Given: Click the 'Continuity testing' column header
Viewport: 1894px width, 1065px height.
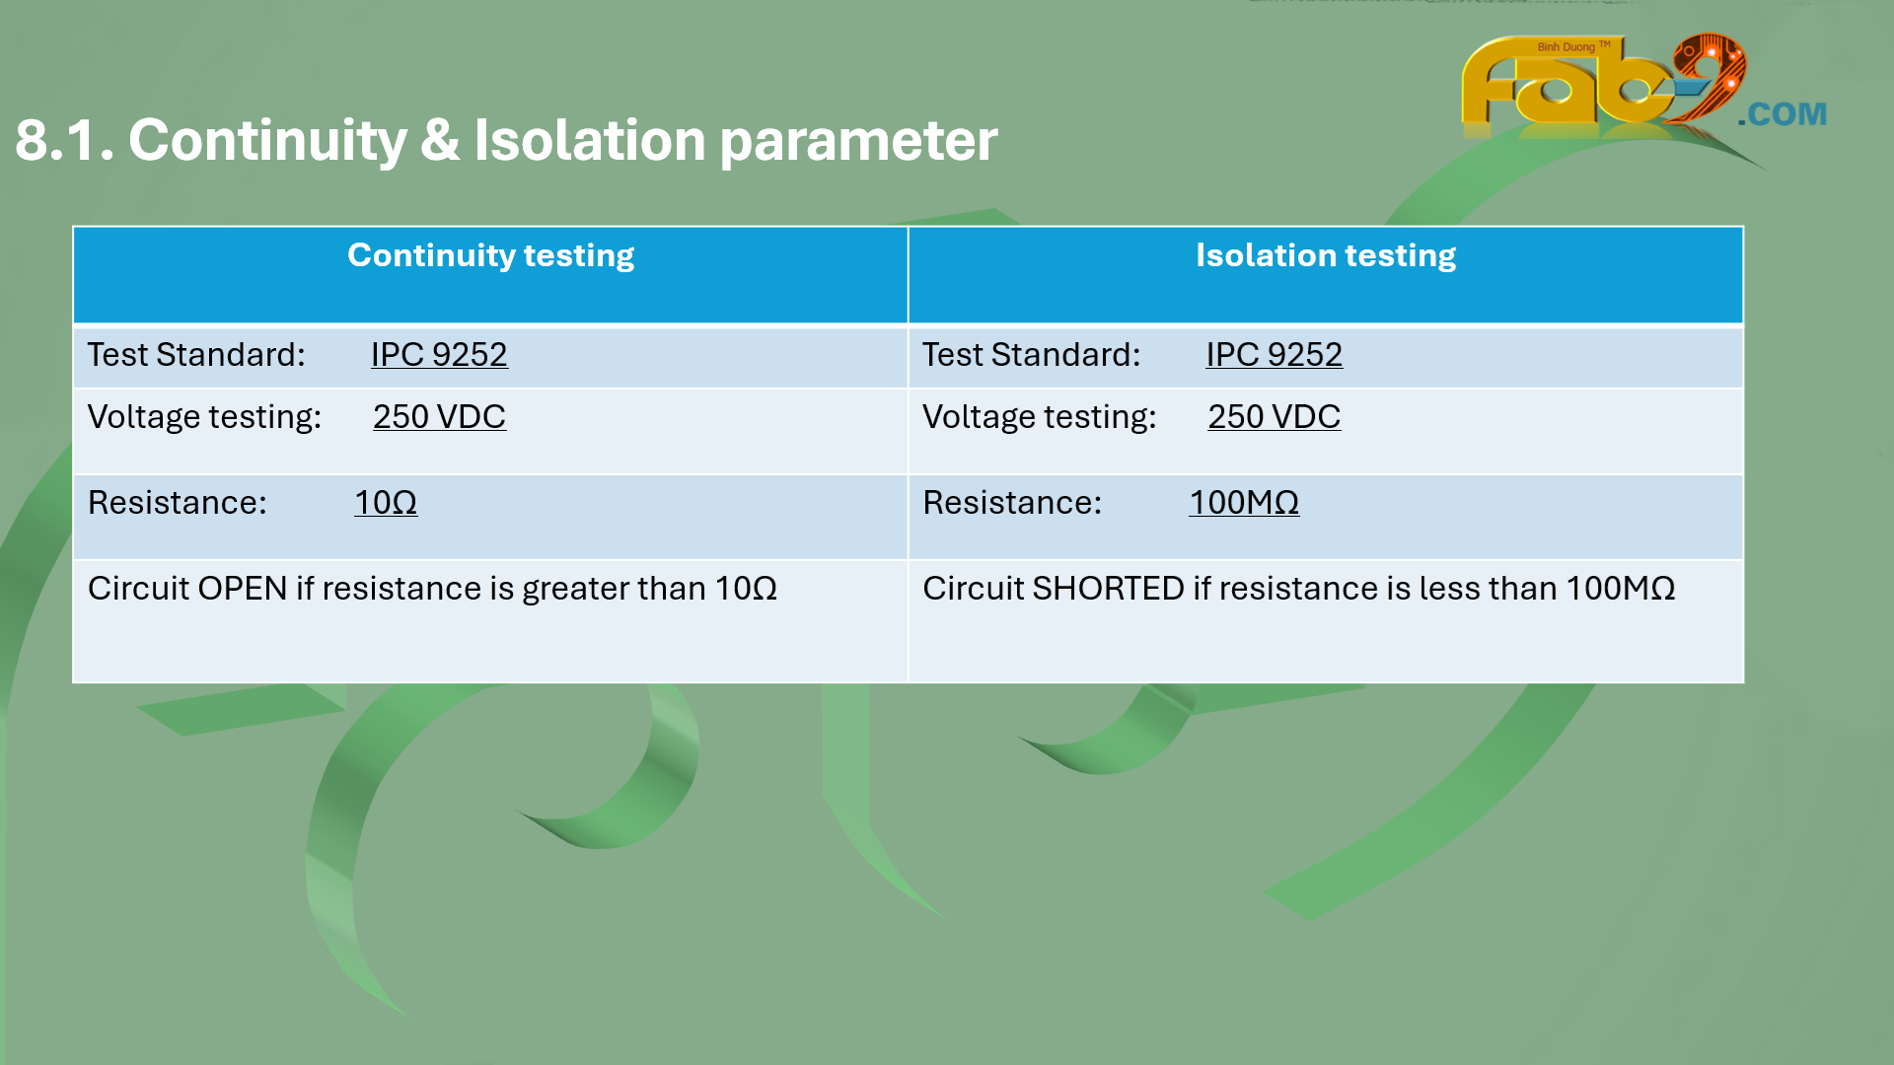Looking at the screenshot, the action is coord(490,256).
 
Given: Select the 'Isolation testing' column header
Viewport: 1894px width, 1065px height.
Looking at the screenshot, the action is coord(1326,256).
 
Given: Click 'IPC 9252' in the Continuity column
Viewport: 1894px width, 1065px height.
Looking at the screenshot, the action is coord(439,355).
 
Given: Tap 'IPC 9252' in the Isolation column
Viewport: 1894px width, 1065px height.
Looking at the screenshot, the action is coord(1274,355).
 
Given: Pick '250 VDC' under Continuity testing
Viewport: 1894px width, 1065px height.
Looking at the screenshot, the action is coord(439,417).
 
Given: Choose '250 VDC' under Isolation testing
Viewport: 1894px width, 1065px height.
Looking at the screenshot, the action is coord(1274,417).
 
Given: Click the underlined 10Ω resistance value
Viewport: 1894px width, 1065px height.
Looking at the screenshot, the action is coord(386,503).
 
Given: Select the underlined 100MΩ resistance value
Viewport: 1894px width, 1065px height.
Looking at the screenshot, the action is coord(1244,503).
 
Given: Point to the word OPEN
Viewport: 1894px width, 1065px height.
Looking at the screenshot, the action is coord(243,589).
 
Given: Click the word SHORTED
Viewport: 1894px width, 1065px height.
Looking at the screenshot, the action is coord(1108,589).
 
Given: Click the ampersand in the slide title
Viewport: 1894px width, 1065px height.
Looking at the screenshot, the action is coord(440,140).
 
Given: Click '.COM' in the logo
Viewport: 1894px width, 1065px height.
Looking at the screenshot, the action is coord(1783,114).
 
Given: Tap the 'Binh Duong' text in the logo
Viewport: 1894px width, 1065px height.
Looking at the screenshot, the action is coord(1566,47).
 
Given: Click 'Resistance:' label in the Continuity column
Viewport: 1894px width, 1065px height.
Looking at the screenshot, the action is coord(178,503).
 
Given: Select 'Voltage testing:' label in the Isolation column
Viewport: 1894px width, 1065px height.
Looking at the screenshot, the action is coord(1040,418).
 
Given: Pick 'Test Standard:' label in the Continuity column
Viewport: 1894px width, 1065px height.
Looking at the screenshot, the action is coord(196,355).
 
